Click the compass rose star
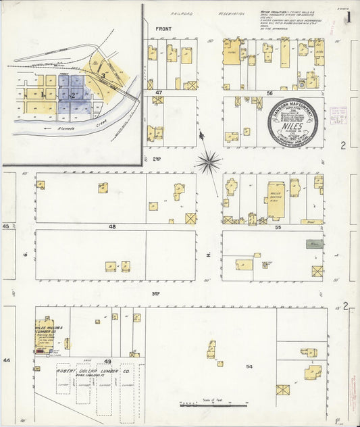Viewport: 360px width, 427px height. point(209,161)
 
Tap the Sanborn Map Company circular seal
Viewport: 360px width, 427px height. point(294,122)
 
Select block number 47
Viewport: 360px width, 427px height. point(159,91)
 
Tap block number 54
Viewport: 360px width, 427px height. point(249,366)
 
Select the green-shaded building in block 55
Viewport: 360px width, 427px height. point(314,244)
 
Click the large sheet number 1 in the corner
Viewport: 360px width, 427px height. point(348,17)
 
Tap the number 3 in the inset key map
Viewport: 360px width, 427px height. point(102,77)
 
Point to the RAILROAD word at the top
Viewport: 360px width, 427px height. point(182,13)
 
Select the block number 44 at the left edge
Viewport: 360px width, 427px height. point(7,360)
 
